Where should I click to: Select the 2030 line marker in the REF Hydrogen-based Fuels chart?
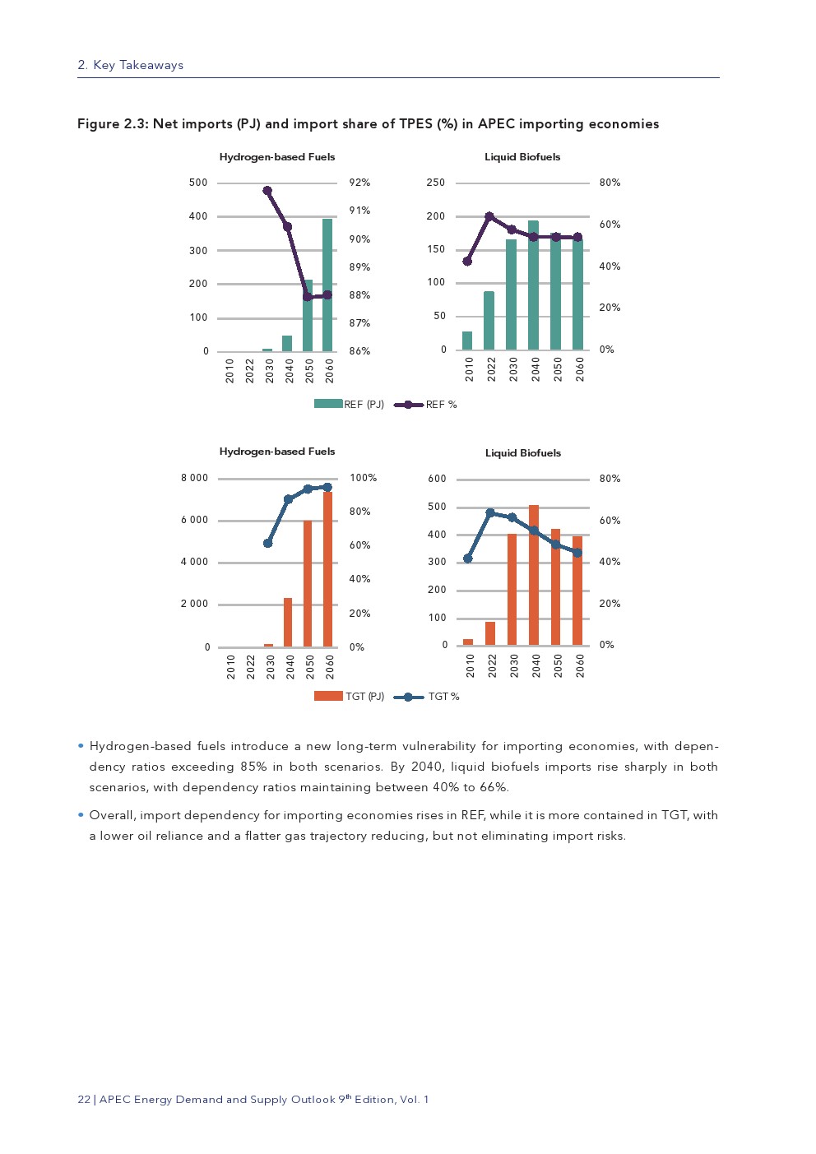click(267, 191)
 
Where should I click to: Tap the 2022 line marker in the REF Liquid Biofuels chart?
click(489, 217)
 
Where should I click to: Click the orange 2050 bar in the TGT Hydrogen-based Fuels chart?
click(308, 583)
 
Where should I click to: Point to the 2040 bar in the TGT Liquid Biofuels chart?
click(534, 575)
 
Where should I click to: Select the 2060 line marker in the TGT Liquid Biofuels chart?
click(577, 553)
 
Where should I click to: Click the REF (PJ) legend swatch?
click(328, 404)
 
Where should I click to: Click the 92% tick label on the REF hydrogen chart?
click(359, 183)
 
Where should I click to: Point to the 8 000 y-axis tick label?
click(195, 478)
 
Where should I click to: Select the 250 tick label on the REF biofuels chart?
click(436, 183)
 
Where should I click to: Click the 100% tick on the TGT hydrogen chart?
click(363, 478)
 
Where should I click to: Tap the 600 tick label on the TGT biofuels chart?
click(438, 479)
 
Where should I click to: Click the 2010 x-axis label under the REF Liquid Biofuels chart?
click(469, 368)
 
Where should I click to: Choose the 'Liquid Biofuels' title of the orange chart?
click(523, 453)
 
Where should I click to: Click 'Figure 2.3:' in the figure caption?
click(113, 124)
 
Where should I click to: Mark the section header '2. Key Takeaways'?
click(131, 66)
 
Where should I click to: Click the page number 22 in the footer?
click(84, 1100)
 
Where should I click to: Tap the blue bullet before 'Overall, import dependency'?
click(81, 815)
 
